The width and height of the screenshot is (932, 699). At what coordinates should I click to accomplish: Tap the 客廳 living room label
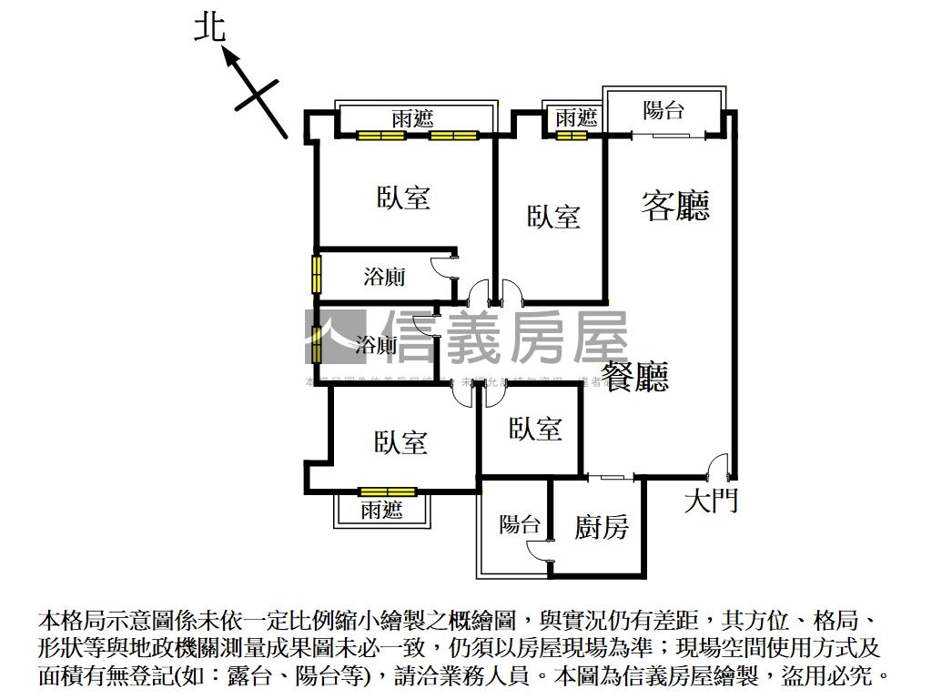675,205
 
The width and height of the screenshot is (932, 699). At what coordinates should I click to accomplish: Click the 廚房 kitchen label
601,526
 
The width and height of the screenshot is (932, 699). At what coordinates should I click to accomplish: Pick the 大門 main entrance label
711,500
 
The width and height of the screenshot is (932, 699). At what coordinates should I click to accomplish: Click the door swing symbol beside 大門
719,466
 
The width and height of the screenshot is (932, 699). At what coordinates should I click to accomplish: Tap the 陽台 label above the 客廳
664,111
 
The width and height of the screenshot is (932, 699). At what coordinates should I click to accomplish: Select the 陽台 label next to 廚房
520,524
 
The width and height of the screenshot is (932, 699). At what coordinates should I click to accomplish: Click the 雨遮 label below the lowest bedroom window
381,510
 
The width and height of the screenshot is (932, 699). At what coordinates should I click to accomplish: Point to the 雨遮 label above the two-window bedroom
412,118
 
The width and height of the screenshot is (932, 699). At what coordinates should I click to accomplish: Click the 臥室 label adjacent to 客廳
553,217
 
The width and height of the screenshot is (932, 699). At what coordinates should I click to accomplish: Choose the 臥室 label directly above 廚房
535,429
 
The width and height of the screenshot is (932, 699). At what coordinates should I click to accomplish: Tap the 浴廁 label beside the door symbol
385,278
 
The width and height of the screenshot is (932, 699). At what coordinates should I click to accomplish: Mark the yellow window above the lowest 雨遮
387,491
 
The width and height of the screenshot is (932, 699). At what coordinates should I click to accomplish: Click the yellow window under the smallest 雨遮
572,136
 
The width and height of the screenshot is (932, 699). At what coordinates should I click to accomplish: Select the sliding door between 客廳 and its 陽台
669,136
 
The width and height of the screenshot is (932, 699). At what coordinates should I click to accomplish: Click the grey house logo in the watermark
335,338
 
